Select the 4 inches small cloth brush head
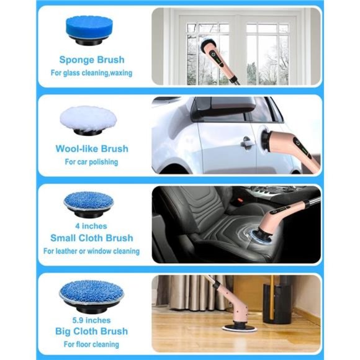(x=89, y=201)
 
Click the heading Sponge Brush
(x=91, y=60)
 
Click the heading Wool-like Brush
(x=91, y=149)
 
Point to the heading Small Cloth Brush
(x=91, y=238)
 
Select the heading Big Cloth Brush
(x=91, y=331)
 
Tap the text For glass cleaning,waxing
(x=91, y=73)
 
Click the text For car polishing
(x=91, y=162)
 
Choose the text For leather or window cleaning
(x=91, y=251)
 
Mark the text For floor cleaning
(x=91, y=344)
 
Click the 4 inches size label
(x=91, y=226)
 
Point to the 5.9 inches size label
(x=91, y=318)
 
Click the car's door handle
(x=248, y=143)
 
